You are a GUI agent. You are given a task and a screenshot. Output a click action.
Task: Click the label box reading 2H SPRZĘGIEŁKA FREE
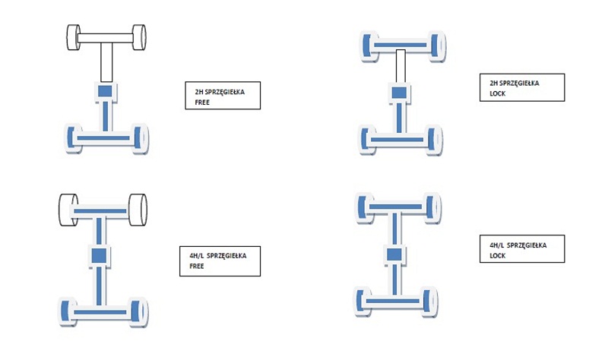pos(223,96)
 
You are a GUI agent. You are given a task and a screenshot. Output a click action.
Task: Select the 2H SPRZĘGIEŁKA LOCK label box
pos(521,87)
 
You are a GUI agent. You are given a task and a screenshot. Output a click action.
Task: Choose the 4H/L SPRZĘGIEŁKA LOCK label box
pos(521,249)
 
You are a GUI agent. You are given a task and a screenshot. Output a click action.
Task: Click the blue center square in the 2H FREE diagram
pos(105,92)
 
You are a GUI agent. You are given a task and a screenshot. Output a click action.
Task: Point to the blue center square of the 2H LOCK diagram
pos(400,92)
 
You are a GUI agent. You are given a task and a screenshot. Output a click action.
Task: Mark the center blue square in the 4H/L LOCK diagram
pos(396,253)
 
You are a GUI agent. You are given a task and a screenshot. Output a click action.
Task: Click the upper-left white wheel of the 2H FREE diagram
pos(74,37)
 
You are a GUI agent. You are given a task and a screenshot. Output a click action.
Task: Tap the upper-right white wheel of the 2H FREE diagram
pos(139,37)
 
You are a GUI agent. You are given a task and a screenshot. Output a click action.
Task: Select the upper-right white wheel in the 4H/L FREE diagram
pos(138,210)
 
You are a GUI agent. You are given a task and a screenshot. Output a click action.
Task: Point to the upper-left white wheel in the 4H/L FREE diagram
pos(68,209)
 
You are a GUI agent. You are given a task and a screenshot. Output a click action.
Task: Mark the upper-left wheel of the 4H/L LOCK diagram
pos(363,207)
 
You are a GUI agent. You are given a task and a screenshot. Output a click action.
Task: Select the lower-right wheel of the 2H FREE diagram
pos(141,138)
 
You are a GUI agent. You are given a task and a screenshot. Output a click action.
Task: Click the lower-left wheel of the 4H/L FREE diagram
pos(67,311)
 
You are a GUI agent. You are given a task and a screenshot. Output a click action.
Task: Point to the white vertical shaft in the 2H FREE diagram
pos(106,62)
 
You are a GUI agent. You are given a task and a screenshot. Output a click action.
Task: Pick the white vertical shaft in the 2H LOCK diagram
pos(401,66)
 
